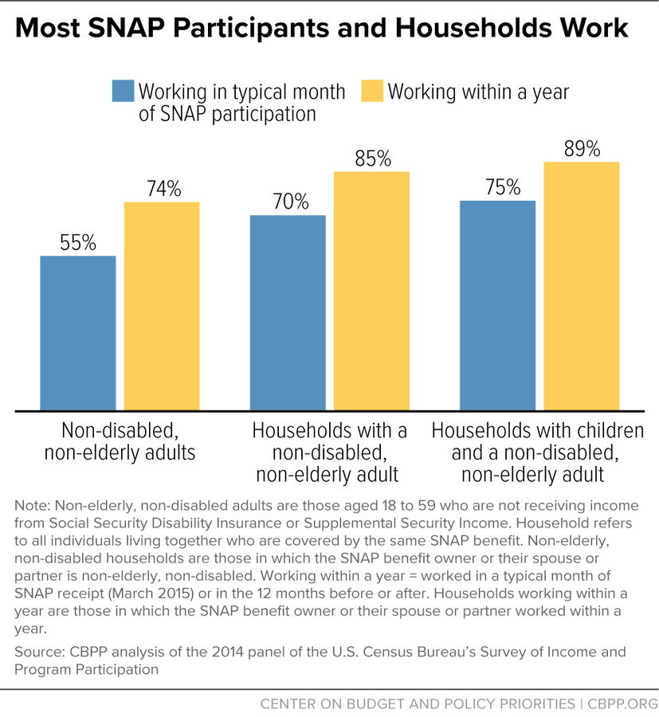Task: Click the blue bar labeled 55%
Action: click(x=78, y=333)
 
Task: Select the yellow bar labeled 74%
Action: click(x=162, y=307)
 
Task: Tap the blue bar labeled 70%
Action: click(x=288, y=313)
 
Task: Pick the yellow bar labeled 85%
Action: click(x=371, y=291)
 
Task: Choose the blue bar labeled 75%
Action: click(x=497, y=305)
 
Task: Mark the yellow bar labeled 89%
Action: click(x=582, y=286)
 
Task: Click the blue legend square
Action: click(x=124, y=92)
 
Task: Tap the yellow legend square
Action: click(x=372, y=92)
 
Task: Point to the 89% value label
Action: click(x=582, y=149)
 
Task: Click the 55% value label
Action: click(x=78, y=243)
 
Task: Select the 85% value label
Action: click(x=371, y=159)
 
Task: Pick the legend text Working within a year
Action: click(x=478, y=92)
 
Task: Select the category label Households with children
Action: click(x=537, y=431)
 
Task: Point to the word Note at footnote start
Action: click(x=30, y=506)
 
